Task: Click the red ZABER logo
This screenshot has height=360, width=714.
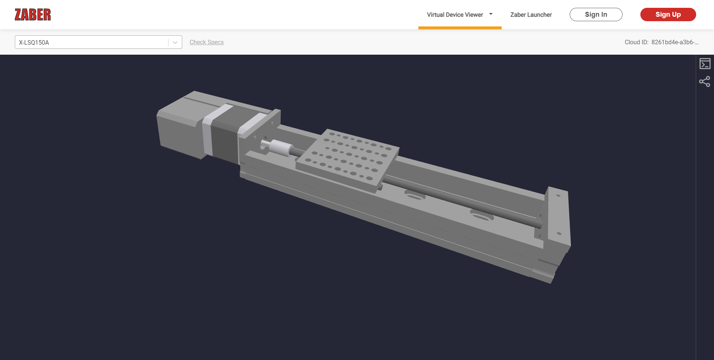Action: click(x=33, y=15)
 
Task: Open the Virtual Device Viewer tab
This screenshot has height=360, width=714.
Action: click(x=454, y=15)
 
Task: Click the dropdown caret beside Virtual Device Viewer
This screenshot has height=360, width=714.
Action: click(x=491, y=14)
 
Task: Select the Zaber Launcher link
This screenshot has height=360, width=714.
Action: click(x=531, y=15)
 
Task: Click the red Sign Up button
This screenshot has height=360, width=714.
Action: click(x=668, y=15)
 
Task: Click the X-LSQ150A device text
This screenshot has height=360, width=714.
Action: click(x=34, y=42)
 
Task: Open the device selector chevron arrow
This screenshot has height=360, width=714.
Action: click(x=175, y=42)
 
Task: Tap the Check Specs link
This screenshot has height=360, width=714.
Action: click(x=206, y=42)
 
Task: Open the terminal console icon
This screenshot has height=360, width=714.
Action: click(x=705, y=64)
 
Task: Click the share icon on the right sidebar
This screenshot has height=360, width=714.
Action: click(x=705, y=81)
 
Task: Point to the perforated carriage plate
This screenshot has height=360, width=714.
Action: click(x=348, y=160)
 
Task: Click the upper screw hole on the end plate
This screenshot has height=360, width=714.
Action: click(x=558, y=196)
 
